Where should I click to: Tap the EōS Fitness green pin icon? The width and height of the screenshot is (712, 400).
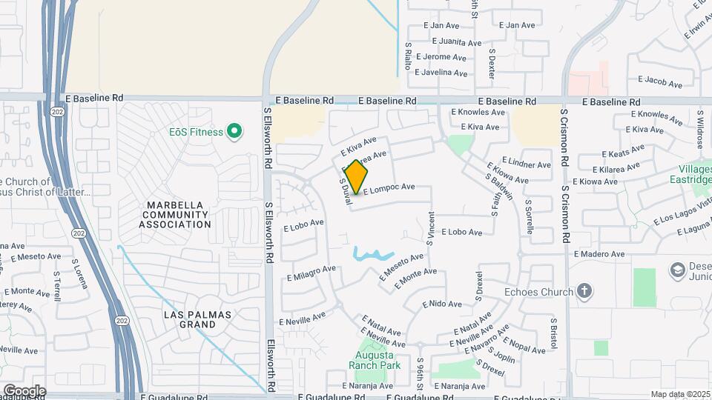pos(234,132)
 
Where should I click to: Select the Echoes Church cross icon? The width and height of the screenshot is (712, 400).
pos(584,291)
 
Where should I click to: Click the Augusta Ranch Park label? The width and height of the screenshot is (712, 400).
pos(375,359)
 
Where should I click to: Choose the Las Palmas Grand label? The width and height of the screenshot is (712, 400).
pos(198,319)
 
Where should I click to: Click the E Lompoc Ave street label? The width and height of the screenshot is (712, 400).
pos(388,188)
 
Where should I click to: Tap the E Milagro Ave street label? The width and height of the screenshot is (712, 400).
pos(311,272)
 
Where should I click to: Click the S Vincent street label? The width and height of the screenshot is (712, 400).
pos(431,230)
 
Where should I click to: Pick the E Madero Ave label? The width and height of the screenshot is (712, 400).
pos(599,254)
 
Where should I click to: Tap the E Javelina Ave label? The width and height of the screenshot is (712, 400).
pos(441,73)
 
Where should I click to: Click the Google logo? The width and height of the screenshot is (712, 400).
pos(24,390)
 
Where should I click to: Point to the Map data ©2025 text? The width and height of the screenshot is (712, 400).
pos(680,394)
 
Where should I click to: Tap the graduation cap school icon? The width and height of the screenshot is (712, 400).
pos(676,270)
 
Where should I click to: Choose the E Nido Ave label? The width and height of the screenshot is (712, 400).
pos(442,304)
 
